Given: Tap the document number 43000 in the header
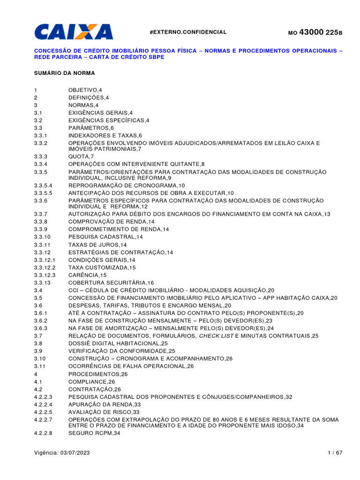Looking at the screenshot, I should coord(311,32).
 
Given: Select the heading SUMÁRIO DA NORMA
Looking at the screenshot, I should coord(64,73).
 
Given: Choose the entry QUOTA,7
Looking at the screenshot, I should coord(81,156).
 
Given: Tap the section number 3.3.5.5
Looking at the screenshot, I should coord(43,193).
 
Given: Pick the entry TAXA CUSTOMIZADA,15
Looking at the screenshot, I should coord(102,267).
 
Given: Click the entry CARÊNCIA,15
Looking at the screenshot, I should coord(87,275).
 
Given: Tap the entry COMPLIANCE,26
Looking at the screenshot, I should coord(91,382).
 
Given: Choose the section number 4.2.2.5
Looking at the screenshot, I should coord(43,412).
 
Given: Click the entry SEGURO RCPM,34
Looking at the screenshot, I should coord(94,434).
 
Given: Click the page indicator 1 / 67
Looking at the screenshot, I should coord(335,453).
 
